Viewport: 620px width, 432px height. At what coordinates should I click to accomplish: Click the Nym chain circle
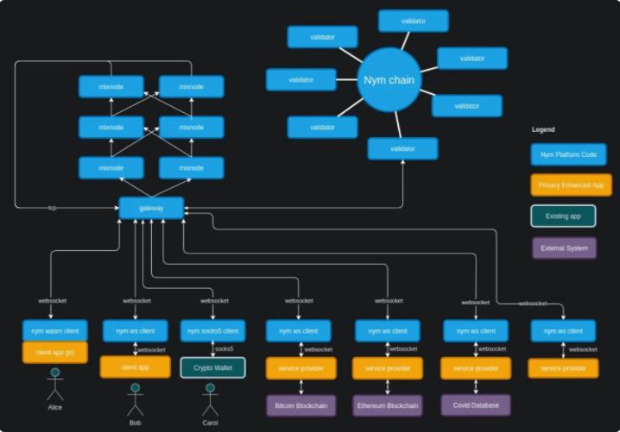click(389, 80)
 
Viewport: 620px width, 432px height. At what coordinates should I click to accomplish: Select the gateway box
click(151, 208)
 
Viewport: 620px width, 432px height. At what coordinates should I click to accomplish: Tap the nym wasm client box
click(54, 330)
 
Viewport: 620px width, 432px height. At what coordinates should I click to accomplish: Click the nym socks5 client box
click(212, 330)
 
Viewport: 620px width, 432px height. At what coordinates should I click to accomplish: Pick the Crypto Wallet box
click(212, 367)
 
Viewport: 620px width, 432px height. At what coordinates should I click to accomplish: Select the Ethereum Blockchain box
click(388, 404)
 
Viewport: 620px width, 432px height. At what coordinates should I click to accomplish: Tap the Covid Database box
click(476, 404)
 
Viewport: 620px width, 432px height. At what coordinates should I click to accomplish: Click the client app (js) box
click(54, 352)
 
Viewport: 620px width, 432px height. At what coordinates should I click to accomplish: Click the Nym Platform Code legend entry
click(568, 154)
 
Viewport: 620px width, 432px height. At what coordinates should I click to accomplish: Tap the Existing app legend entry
click(563, 216)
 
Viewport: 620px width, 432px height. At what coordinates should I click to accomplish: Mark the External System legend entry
click(564, 248)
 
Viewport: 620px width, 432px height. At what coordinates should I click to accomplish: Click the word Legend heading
click(543, 129)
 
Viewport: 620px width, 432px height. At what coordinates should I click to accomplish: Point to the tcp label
click(52, 208)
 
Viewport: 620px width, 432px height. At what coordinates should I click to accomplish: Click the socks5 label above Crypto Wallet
click(225, 349)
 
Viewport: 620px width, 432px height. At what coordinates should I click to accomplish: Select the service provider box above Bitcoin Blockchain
click(300, 367)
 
